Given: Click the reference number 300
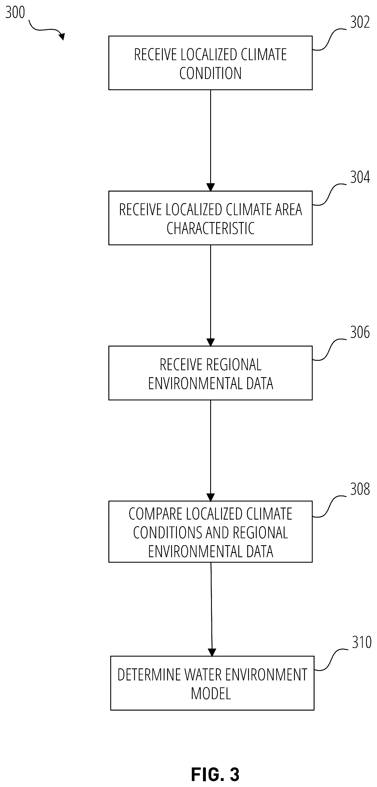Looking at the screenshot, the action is (x=15, y=13).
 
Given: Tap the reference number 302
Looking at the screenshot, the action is (x=360, y=22).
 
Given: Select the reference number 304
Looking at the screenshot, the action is (x=360, y=177).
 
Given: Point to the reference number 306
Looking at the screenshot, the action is (x=360, y=332).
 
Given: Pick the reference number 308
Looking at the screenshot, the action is (x=360, y=489).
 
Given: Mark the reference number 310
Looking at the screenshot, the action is (x=362, y=642).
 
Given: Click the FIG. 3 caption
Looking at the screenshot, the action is (x=215, y=774).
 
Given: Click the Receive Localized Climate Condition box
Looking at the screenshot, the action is (x=210, y=63).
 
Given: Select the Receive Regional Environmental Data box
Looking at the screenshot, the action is (x=210, y=373).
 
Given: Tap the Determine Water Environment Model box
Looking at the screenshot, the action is (x=212, y=683).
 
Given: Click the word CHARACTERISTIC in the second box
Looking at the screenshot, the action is (x=210, y=228).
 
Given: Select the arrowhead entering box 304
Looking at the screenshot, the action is (x=210, y=187).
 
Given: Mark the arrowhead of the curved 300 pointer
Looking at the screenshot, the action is (x=62, y=36).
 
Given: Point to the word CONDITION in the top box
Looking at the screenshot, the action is (x=210, y=73).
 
